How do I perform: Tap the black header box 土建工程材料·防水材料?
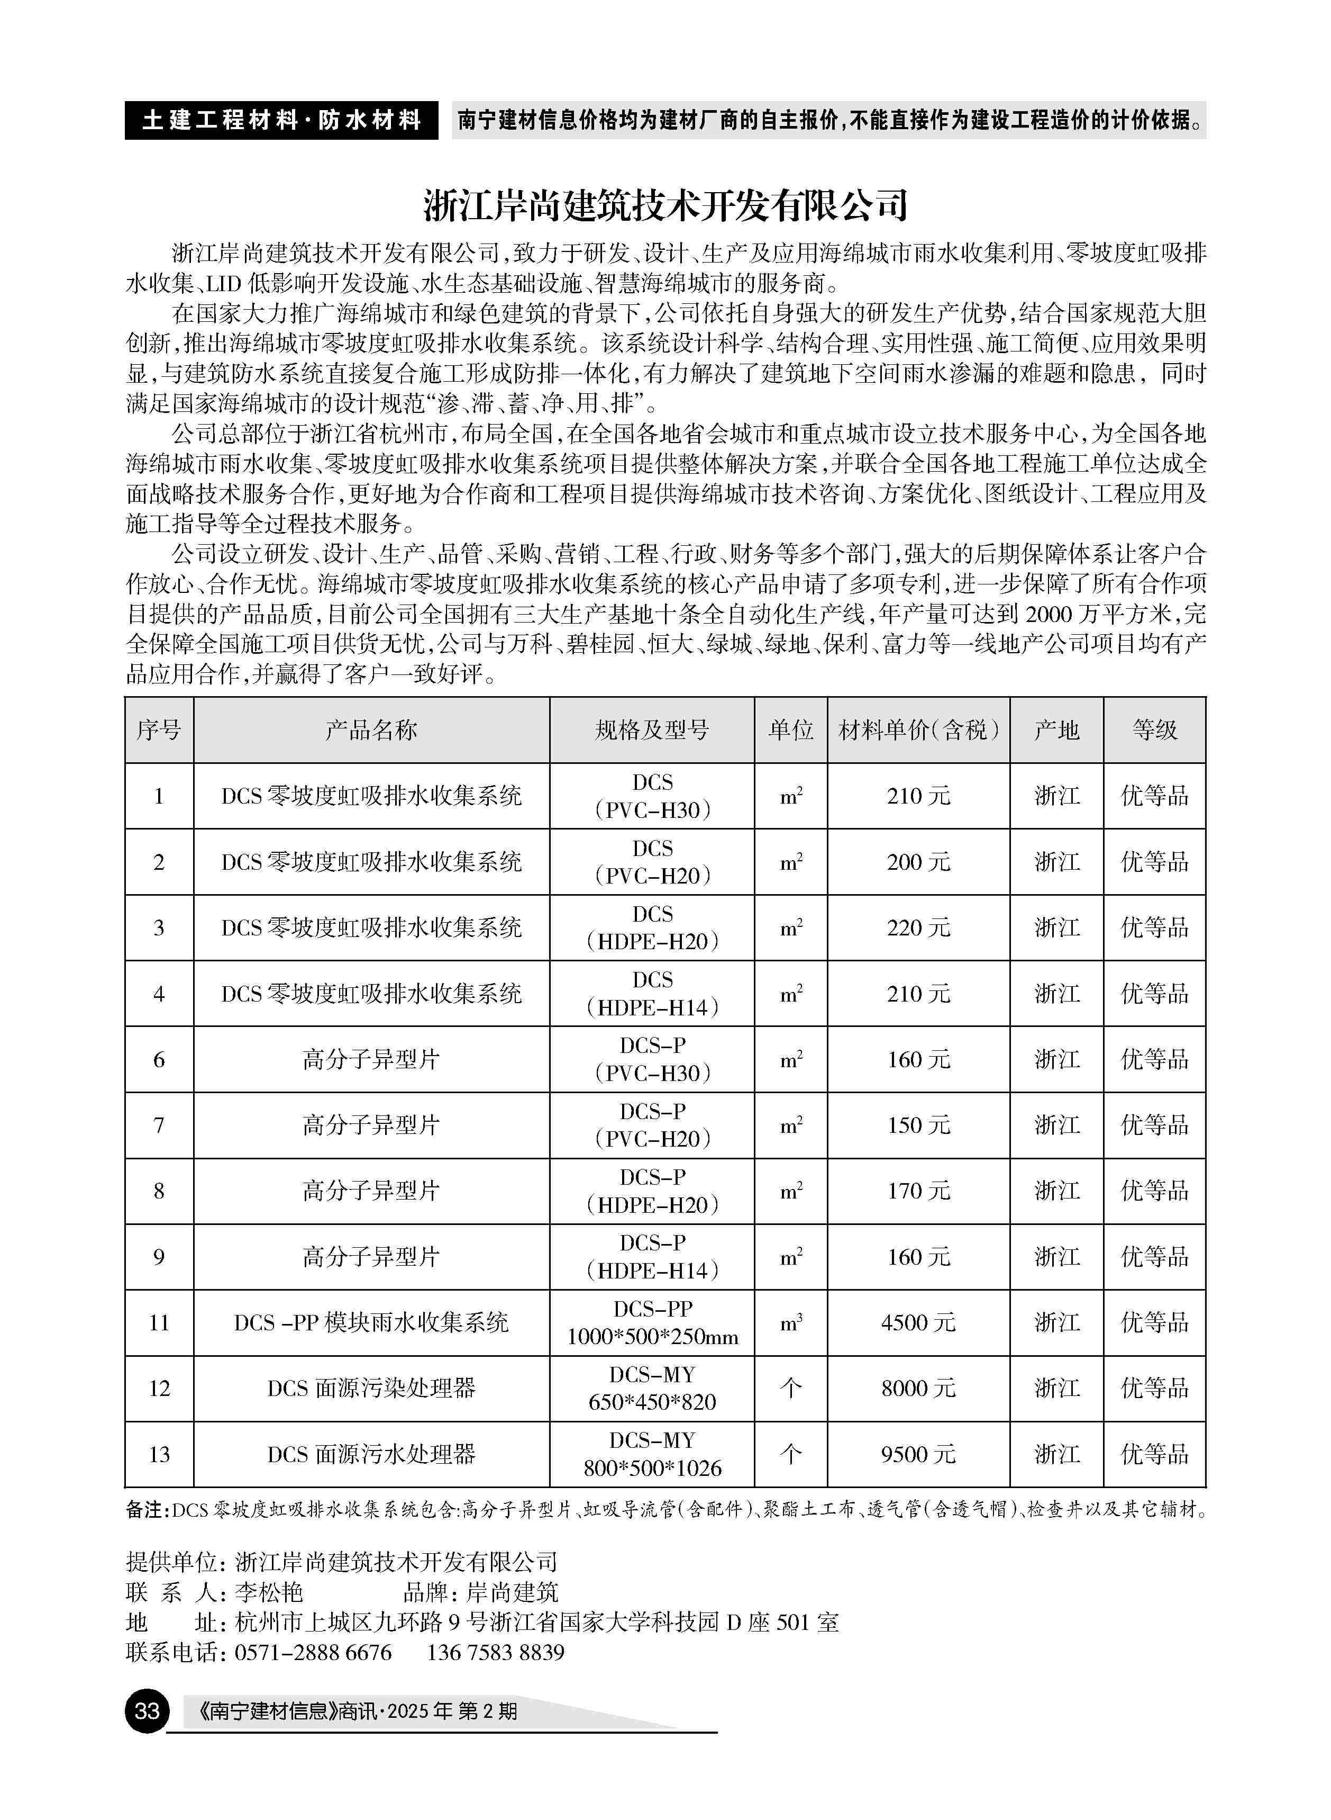281,120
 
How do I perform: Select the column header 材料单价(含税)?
918,730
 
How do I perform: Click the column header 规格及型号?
652,730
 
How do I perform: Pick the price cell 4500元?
918,1323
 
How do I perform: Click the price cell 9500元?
918,1454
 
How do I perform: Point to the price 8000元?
918,1388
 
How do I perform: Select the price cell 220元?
918,927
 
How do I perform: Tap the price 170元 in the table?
918,1191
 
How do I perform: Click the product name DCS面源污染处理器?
371,1388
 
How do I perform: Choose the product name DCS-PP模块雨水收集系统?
371,1323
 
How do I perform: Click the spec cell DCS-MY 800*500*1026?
652,1454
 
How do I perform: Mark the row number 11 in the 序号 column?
159,1323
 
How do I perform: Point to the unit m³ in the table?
790,1323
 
